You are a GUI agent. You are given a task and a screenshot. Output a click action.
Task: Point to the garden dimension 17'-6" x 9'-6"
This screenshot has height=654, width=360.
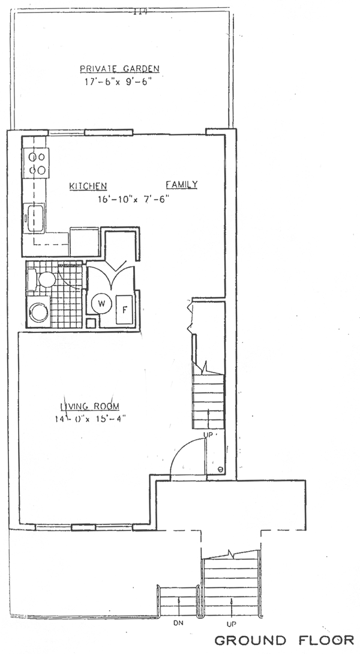coord(122,82)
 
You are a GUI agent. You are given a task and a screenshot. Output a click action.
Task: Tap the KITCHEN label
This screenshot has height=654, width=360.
coord(88,186)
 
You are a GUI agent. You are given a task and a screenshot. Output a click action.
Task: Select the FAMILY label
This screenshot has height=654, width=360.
coord(182,185)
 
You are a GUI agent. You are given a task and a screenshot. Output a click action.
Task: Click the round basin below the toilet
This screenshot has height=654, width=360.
coord(39,311)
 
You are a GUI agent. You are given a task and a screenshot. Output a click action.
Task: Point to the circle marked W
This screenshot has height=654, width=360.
coord(101,304)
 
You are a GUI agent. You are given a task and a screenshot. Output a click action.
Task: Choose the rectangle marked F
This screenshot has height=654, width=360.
coord(124,310)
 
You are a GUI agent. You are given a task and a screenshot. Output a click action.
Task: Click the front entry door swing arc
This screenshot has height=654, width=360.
coord(183,456)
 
